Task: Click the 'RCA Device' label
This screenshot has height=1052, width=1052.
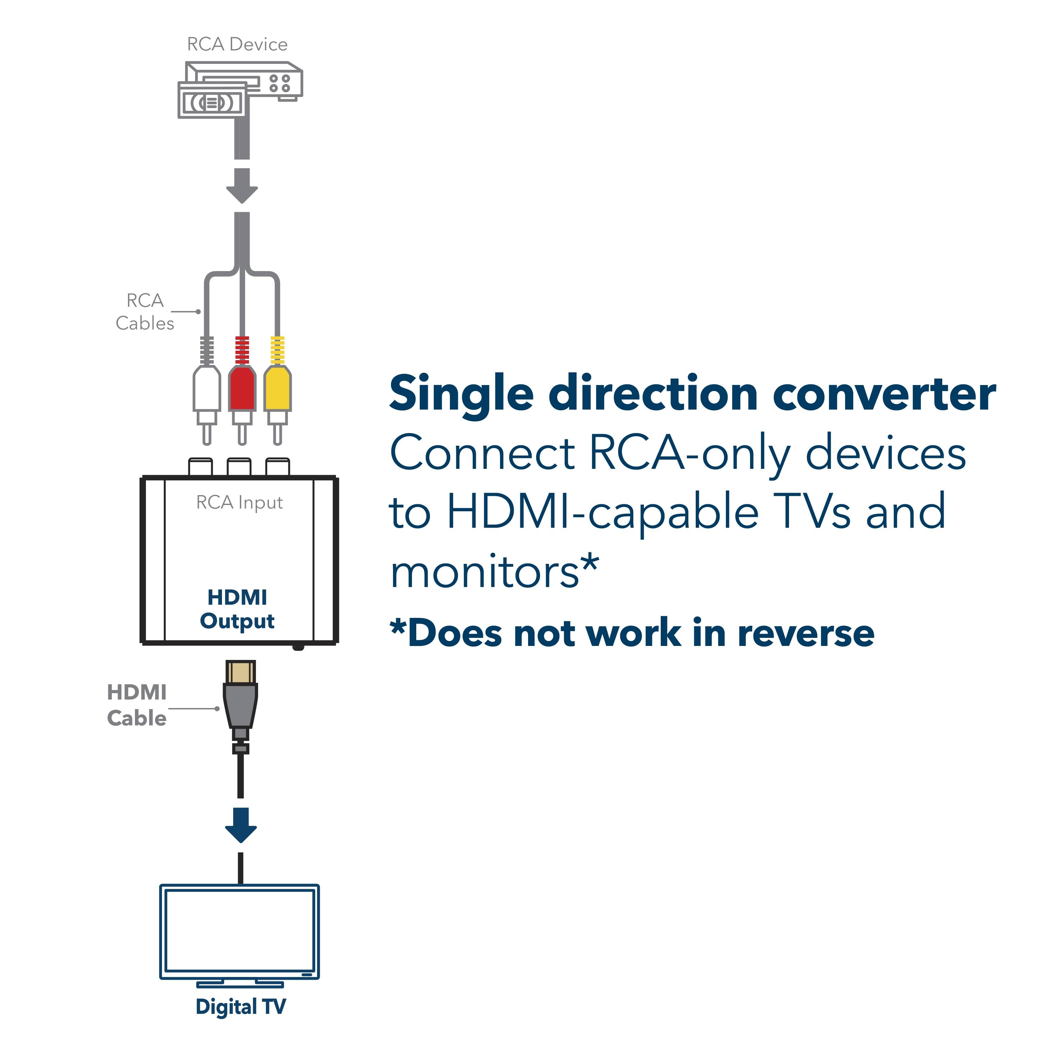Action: click(237, 44)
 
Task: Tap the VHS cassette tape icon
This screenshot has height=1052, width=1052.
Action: click(213, 102)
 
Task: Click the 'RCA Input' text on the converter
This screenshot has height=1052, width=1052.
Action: click(239, 502)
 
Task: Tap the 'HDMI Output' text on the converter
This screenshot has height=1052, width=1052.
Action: click(237, 609)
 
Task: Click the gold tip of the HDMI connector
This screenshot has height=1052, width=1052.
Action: click(240, 673)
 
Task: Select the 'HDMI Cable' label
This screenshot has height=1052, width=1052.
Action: click(137, 705)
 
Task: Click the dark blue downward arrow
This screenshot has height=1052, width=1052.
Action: click(241, 824)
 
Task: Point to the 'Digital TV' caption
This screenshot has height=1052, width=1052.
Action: click(240, 1007)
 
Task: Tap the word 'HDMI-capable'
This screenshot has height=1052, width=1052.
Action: click(602, 512)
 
